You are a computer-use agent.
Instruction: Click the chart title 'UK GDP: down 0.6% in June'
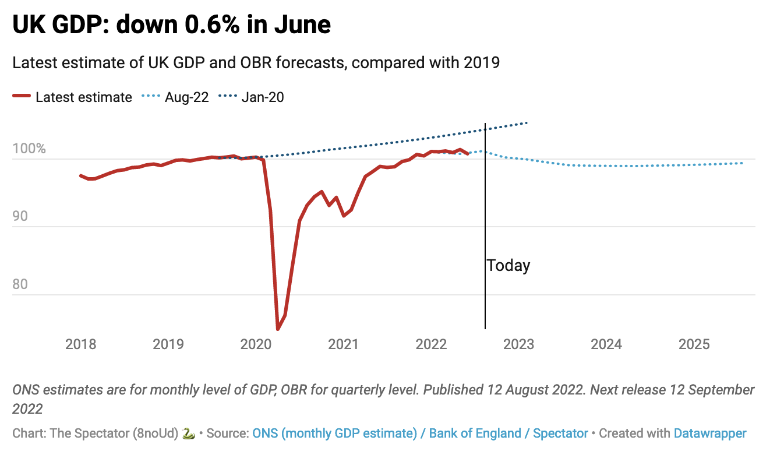coord(172,24)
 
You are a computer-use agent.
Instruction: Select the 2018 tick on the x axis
coord(80,344)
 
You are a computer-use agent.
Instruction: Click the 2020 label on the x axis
coord(256,344)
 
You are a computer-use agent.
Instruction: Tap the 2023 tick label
coord(518,344)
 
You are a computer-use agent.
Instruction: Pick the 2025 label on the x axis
coord(694,344)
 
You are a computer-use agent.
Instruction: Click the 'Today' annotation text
coord(508,266)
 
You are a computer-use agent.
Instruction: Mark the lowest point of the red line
coord(278,329)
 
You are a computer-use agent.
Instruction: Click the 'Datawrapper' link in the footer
coord(709,434)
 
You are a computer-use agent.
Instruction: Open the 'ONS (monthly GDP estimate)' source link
coord(335,434)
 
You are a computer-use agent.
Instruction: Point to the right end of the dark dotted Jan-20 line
coord(527,122)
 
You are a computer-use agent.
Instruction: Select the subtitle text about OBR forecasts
coord(256,62)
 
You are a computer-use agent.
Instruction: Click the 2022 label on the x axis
coord(431,344)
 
